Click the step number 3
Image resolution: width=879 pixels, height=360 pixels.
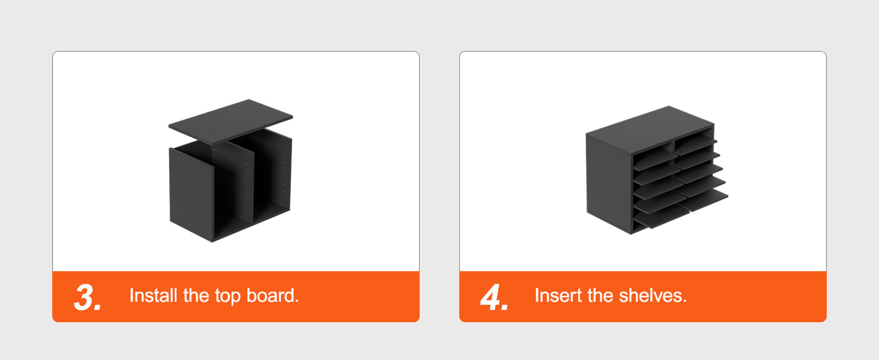pos(88,297)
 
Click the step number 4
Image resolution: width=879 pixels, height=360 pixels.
pos(495,297)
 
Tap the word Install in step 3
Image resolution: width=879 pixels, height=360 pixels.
pos(153,296)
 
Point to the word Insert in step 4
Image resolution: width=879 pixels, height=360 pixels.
pos(558,296)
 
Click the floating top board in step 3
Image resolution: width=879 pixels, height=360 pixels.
pos(231,122)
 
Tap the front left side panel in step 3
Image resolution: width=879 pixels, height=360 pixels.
pos(191,194)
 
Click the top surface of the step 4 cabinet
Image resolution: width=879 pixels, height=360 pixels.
pos(650,130)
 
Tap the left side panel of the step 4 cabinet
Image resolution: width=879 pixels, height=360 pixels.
pos(609,182)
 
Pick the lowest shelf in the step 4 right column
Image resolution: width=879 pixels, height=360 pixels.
pos(703,200)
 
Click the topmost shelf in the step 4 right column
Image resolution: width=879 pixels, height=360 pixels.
pos(695,143)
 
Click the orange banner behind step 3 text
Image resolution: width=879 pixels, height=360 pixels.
pos(236,297)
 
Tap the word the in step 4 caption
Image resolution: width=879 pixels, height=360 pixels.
pos(600,296)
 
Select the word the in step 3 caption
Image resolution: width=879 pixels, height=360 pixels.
pos(195,296)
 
